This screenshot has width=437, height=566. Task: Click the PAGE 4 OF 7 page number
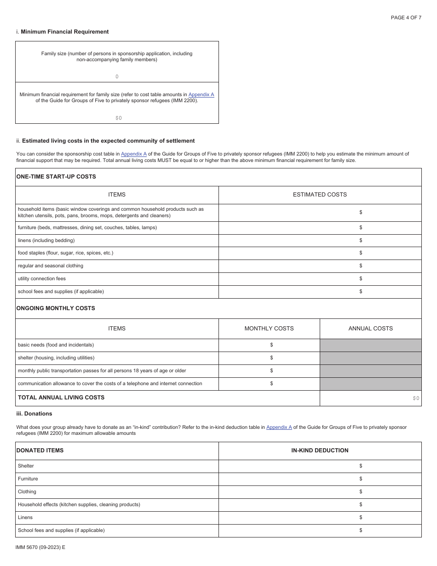click(406, 17)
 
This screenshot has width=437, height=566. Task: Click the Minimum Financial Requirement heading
click(64, 32)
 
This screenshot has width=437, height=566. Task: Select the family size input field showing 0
click(117, 76)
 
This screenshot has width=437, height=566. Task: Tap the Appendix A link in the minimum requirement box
click(201, 94)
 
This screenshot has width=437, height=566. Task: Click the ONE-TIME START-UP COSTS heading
click(56, 177)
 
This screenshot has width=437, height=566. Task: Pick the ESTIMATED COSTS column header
click(320, 195)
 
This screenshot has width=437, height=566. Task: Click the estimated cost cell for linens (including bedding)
click(320, 240)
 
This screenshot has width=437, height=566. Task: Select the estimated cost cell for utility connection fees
click(320, 278)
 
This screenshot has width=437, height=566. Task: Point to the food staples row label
click(65, 253)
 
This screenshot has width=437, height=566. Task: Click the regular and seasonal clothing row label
click(51, 266)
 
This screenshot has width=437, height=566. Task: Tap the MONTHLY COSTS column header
click(269, 329)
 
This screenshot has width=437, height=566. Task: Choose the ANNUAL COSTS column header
click(370, 329)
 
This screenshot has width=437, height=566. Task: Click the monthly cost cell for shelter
click(269, 358)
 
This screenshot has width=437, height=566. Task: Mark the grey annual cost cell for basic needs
click(370, 345)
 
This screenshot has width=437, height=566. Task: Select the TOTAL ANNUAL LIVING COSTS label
click(61, 398)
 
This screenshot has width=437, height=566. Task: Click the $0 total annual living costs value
click(416, 399)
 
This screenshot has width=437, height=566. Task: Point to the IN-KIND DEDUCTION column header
click(320, 450)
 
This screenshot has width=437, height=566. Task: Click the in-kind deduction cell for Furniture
click(320, 479)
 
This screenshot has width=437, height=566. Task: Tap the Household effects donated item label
click(79, 504)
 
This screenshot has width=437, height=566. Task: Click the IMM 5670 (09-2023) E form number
click(40, 548)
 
